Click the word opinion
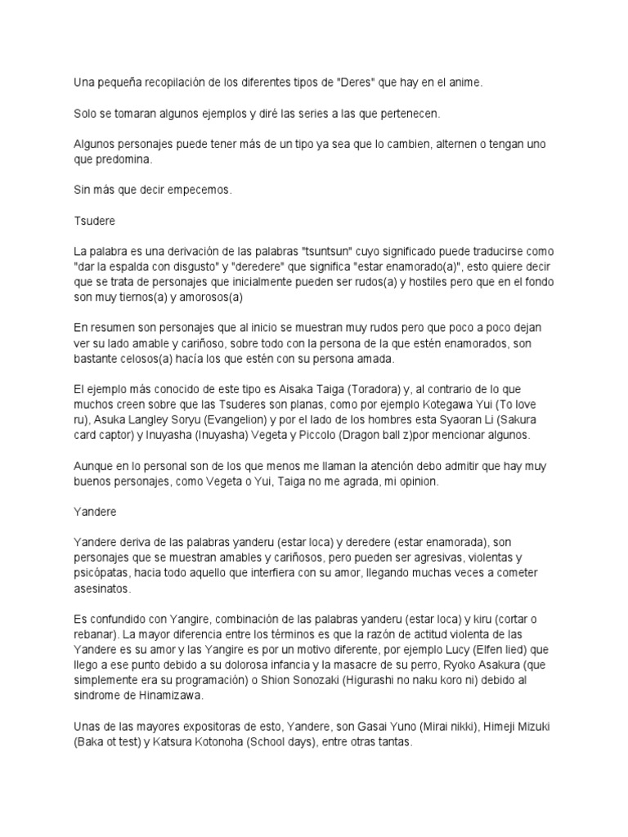(x=418, y=483)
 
